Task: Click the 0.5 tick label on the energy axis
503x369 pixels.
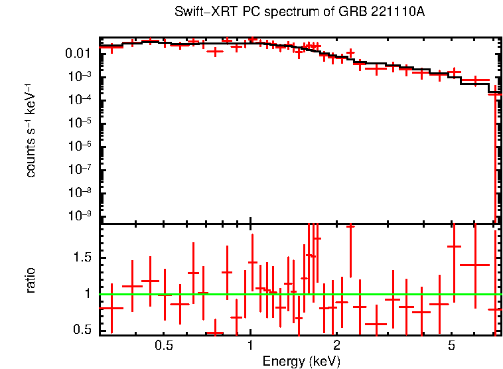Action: coord(163,346)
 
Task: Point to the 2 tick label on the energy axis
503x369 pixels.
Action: coord(336,346)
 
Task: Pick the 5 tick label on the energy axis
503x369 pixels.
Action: coord(451,346)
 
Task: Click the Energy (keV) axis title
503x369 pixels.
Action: coord(301,361)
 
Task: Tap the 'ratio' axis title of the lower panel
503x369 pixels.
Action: coord(31,280)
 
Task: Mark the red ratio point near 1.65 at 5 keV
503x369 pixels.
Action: coord(454,246)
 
